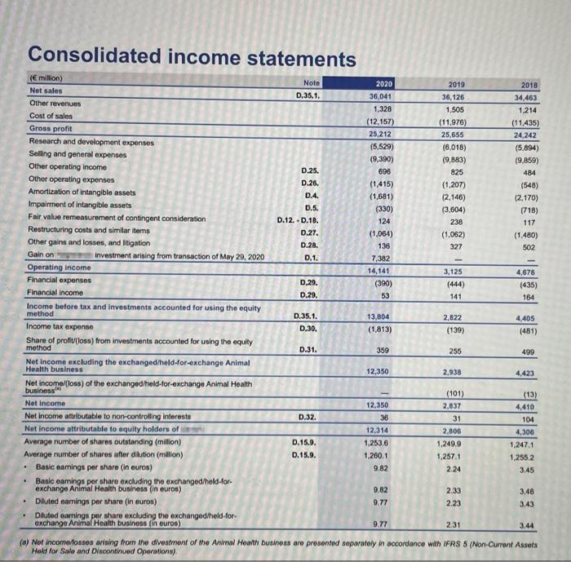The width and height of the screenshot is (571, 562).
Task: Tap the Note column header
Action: coord(312,82)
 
